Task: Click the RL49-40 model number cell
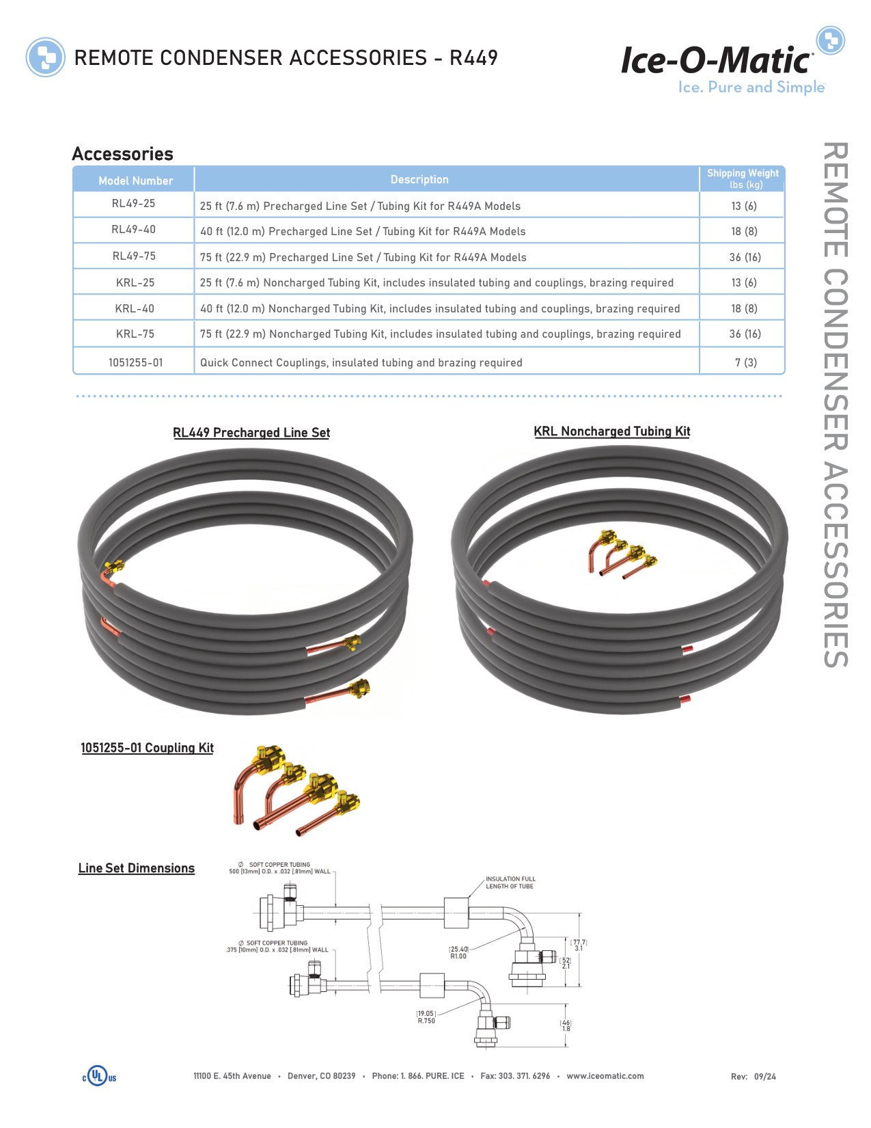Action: [134, 230]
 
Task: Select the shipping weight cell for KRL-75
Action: [745, 334]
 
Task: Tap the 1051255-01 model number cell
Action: [135, 362]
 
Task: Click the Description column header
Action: [419, 180]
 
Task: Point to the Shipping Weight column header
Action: [743, 178]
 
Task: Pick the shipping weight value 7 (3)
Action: [745, 362]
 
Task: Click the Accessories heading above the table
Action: [123, 154]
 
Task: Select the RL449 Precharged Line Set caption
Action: [251, 433]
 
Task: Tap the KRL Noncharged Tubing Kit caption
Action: [612, 431]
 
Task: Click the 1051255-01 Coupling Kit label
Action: [147, 748]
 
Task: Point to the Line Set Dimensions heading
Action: [137, 868]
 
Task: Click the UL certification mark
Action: [100, 1076]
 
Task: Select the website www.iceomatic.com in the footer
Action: [605, 1076]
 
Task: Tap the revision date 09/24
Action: [765, 1077]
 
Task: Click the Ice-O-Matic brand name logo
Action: [717, 61]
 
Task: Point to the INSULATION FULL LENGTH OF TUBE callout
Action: [510, 883]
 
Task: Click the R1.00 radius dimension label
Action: [458, 956]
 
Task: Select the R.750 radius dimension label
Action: [426, 1021]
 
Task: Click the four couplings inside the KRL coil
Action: [622, 554]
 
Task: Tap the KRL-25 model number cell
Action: [135, 283]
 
